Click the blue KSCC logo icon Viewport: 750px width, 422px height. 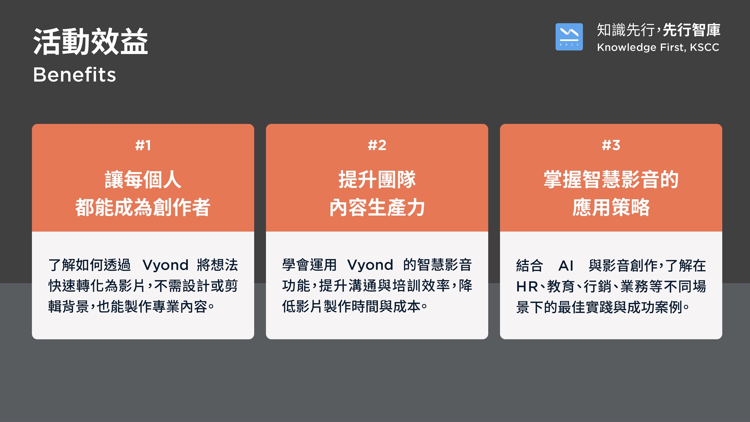point(569,37)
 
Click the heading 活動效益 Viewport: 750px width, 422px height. point(91,42)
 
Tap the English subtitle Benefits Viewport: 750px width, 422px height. point(75,74)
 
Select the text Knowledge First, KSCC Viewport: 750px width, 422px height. point(658,47)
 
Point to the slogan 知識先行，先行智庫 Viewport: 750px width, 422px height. point(658,30)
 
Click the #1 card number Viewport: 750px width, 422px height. point(143,145)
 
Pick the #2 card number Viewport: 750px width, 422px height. point(377,145)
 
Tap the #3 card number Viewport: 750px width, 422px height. point(611,145)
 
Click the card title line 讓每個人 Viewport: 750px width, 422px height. point(143,179)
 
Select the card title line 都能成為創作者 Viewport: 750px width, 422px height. point(143,207)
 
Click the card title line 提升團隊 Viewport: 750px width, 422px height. point(377,179)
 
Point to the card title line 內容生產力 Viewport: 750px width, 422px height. point(377,207)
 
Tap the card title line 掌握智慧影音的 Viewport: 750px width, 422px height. point(611,179)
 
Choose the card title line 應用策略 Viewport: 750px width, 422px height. point(611,207)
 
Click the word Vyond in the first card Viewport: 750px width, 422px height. point(165,265)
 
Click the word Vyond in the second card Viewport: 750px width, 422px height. point(370,265)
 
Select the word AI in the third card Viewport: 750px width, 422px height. point(566,266)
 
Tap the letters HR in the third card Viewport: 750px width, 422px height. point(527,287)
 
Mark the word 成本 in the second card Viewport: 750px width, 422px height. point(407,307)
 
